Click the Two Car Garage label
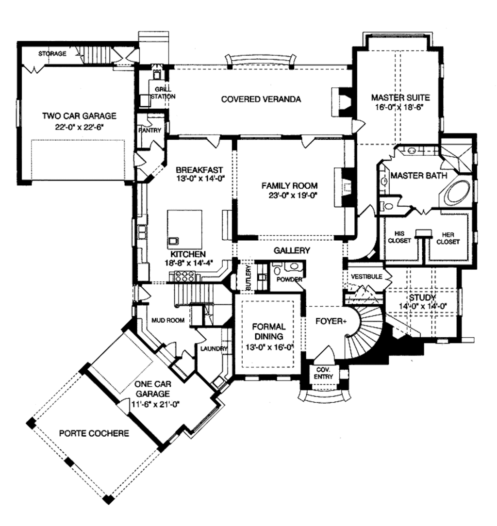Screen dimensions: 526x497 coord(79,115)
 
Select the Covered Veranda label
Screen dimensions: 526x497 coord(261,99)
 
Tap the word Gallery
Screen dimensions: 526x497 coord(292,250)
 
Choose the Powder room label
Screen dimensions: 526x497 coord(289,280)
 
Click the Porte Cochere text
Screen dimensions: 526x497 coord(94,433)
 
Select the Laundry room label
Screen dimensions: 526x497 coord(212,348)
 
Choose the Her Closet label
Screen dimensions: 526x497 coord(447,237)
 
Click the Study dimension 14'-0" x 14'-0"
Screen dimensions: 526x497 coord(421,306)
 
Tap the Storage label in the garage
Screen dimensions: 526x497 coord(52,53)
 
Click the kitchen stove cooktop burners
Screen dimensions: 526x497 coord(184,276)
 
